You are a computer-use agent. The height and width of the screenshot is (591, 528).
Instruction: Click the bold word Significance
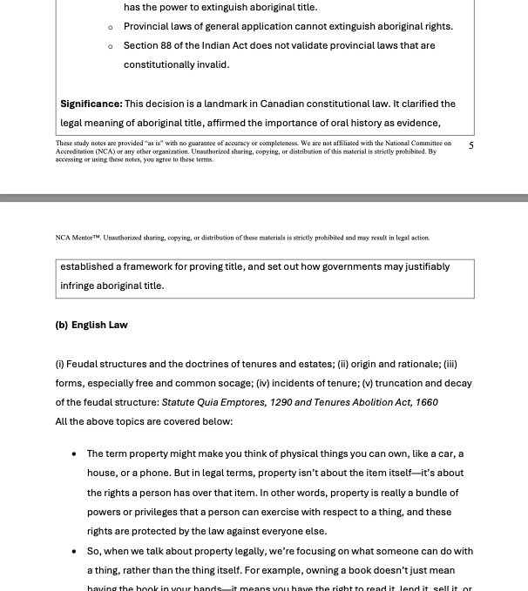point(91,104)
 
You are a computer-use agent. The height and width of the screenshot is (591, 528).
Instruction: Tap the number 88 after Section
point(166,45)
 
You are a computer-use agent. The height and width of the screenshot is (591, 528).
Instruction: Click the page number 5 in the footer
point(471,145)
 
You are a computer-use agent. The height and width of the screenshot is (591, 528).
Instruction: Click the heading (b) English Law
point(91,325)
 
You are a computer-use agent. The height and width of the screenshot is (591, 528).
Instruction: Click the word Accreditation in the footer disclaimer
point(76,151)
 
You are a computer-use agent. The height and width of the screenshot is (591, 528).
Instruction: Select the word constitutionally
point(165,64)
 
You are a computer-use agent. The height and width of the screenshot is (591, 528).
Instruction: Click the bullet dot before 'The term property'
point(74,453)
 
